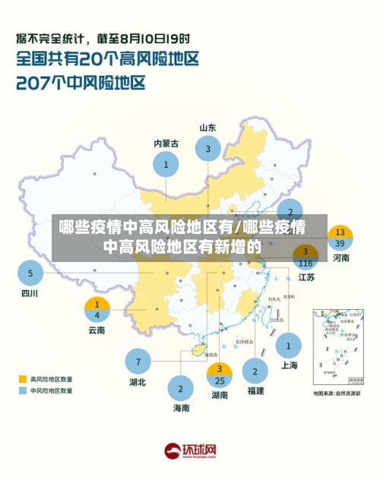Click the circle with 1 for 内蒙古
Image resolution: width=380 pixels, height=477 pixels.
(166, 163)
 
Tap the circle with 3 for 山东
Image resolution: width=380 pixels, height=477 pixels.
(208, 149)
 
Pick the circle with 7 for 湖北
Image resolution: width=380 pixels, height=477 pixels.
(138, 361)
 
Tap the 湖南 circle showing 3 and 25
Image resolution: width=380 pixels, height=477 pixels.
(220, 375)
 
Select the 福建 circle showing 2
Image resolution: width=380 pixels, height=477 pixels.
(255, 371)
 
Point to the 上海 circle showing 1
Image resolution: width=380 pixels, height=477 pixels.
(289, 346)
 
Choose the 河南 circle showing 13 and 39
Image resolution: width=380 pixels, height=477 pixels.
(340, 238)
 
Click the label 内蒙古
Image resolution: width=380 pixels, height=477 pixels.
(166, 143)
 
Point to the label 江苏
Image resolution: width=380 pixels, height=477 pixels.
(306, 277)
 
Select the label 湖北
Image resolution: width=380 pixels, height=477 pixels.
(138, 382)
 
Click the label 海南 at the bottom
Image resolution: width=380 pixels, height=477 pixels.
(180, 409)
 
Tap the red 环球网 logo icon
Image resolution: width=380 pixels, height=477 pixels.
(173, 451)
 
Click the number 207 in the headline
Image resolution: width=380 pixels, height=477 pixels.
(38, 82)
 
